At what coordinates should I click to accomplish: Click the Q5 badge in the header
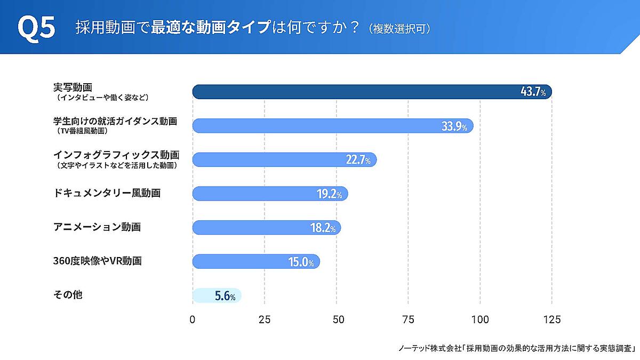pos(36,28)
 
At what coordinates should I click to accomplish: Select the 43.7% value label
pos(533,92)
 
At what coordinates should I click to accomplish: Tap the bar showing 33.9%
pos(320,126)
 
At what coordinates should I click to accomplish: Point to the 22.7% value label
pos(358,160)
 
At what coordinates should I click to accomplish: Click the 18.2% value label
pos(323,228)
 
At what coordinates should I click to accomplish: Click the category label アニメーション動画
pos(97,227)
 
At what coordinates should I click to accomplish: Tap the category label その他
pos(68,294)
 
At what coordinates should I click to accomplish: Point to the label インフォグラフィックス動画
pos(116,155)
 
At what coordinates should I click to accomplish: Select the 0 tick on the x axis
pos(193,319)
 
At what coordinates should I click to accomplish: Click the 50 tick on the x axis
pos(337,319)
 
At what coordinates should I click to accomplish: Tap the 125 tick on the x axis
pos(551,319)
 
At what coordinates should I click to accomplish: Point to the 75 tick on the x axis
pos(409,319)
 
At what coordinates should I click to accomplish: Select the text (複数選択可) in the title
pos(399,29)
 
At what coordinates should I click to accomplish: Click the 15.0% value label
pos(301,262)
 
